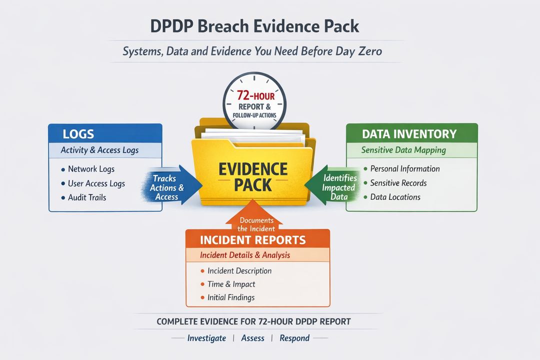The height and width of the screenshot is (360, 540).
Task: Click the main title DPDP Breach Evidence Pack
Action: pos(254,26)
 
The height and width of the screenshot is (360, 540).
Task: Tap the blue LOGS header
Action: pos(78,134)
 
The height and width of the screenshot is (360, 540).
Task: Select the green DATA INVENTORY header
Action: pos(409,134)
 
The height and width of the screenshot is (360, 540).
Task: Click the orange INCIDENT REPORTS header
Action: pos(252,239)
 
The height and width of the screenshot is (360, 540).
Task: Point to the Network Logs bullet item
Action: pos(91,169)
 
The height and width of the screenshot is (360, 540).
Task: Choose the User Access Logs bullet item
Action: pos(96,183)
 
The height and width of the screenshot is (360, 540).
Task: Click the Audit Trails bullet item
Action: pos(87,197)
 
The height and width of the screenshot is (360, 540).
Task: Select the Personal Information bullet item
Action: pos(405,169)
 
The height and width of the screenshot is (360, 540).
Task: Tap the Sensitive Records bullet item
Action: pos(398,183)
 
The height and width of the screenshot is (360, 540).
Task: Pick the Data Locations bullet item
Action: pos(395,197)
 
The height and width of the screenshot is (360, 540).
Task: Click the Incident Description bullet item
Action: pos(239,271)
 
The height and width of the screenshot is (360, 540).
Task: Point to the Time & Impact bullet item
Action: pos(231,284)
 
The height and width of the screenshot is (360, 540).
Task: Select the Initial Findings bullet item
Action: pos(231,297)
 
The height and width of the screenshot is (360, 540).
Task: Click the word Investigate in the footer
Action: pos(206,338)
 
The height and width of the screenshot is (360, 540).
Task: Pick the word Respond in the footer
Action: pos(294,338)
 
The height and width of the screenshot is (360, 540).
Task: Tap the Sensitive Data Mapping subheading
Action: pos(403,150)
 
